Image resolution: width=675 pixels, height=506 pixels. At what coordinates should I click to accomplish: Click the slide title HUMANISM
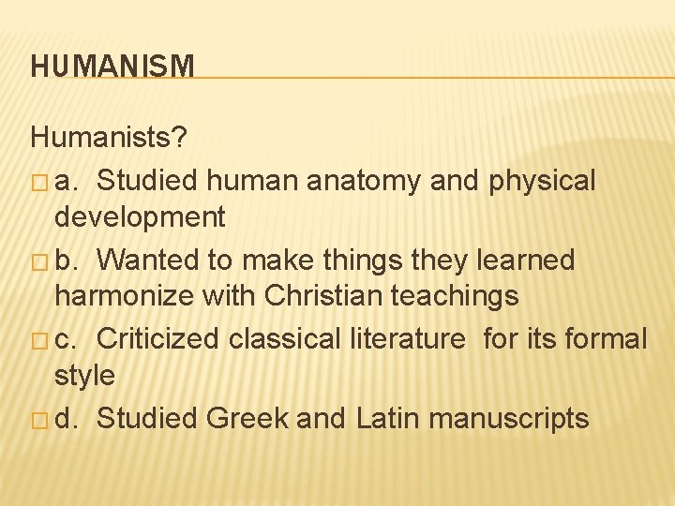tap(112, 67)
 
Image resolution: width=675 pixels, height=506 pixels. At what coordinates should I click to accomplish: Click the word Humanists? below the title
tap(109, 139)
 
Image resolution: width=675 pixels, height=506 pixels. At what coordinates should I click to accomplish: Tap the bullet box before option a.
tap(38, 181)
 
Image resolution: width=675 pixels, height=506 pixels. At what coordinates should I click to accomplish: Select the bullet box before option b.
tap(38, 260)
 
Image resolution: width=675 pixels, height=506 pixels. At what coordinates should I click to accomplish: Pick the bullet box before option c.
tap(38, 339)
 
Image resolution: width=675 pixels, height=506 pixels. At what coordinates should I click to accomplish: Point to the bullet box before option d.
tap(38, 418)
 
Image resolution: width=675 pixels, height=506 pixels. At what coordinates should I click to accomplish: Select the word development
tap(140, 218)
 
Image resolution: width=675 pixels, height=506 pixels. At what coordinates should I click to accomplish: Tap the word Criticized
tap(158, 337)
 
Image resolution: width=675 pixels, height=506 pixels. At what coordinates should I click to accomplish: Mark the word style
tap(84, 377)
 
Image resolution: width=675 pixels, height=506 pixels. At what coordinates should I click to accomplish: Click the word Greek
tap(248, 417)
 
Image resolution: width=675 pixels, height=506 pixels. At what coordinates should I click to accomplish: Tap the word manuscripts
tap(508, 418)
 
